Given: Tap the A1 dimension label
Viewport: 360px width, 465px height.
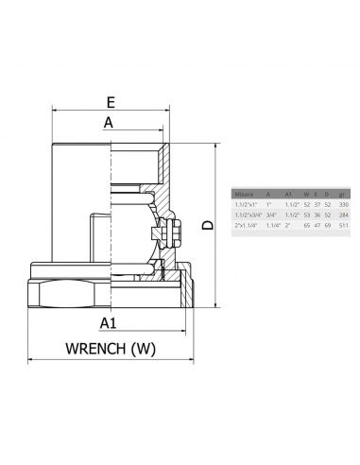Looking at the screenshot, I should [109, 323].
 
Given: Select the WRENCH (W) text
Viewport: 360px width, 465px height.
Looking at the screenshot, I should [110, 349].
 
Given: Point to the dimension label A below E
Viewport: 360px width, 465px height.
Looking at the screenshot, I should [109, 122].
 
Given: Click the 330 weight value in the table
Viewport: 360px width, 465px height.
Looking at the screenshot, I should [343, 204].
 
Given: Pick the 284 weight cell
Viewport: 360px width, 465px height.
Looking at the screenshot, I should [343, 215].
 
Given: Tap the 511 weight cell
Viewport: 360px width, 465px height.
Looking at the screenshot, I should [343, 225].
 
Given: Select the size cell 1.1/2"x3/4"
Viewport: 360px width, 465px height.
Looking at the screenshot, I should [248, 215].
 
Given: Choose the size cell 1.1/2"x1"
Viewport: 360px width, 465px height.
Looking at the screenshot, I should [246, 204].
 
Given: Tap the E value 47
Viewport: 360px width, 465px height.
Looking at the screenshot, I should [317, 225].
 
